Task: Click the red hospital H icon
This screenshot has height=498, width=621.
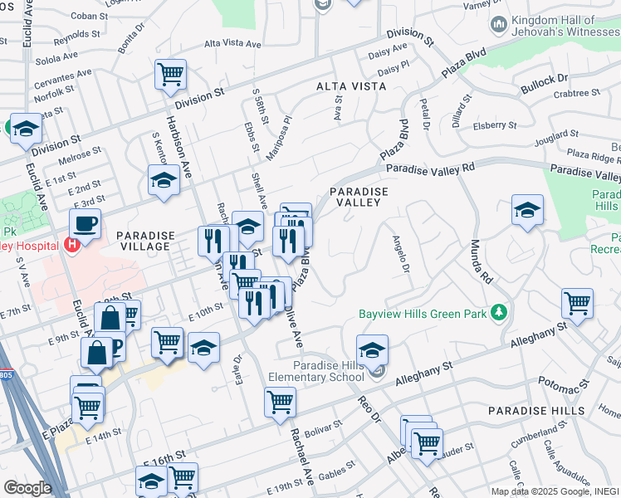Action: click(72, 245)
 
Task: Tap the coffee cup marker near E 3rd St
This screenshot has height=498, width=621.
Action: click(85, 223)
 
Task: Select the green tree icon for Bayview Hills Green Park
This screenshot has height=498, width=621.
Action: click(498, 313)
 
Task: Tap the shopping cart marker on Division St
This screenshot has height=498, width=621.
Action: click(170, 75)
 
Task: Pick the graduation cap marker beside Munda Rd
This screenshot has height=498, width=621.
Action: click(527, 211)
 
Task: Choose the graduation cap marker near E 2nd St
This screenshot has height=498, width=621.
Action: click(164, 180)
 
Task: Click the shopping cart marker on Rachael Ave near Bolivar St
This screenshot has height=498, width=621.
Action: click(281, 403)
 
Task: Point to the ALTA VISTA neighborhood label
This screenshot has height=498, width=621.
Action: click(350, 86)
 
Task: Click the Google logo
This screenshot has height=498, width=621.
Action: click(27, 487)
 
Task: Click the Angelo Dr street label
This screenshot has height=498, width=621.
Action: click(401, 255)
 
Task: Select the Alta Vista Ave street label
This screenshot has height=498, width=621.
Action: click(232, 43)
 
